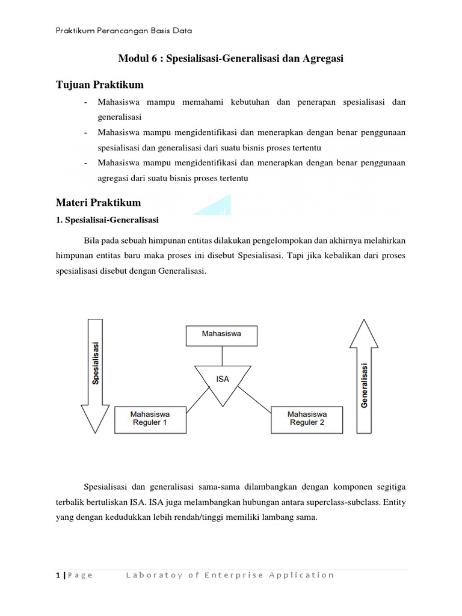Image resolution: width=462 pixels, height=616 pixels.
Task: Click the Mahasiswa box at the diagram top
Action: [x=222, y=336]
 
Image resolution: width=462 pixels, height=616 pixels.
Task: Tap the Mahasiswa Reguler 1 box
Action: [x=150, y=418]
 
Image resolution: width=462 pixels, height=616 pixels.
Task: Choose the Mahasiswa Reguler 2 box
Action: [x=306, y=418]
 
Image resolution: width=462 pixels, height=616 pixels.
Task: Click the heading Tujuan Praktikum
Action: [x=100, y=84]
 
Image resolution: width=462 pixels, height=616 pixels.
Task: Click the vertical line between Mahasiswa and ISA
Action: [x=223, y=355]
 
